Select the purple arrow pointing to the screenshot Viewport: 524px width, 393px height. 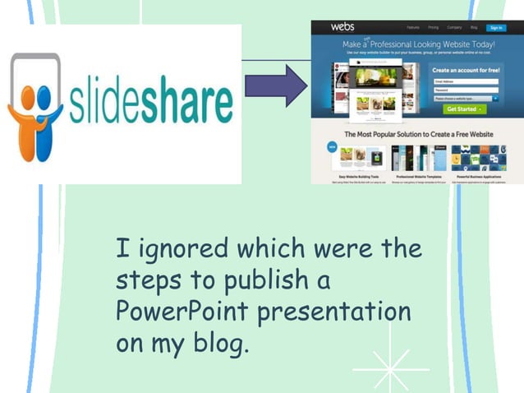point(276,86)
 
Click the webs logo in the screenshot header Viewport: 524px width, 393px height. point(342,27)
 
